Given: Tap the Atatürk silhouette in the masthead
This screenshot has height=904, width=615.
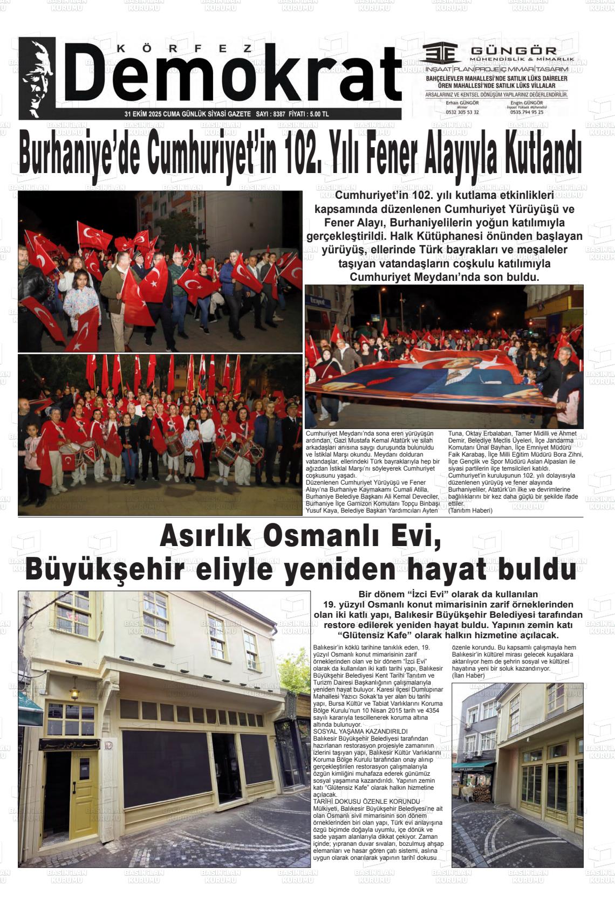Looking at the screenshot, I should (x=37, y=78).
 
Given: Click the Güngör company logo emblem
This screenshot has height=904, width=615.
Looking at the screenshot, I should (x=441, y=53).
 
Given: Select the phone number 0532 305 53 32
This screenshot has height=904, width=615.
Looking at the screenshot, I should (x=462, y=112).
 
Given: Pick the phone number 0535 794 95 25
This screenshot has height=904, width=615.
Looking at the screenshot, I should (x=527, y=112).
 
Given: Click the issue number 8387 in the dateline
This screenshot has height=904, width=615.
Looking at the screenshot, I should (x=279, y=114).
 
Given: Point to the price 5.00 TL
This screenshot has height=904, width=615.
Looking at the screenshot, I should (x=319, y=114).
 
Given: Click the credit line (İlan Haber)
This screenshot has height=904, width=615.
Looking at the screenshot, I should (x=468, y=675).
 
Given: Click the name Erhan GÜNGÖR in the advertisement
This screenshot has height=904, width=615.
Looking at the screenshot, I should (x=462, y=102).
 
